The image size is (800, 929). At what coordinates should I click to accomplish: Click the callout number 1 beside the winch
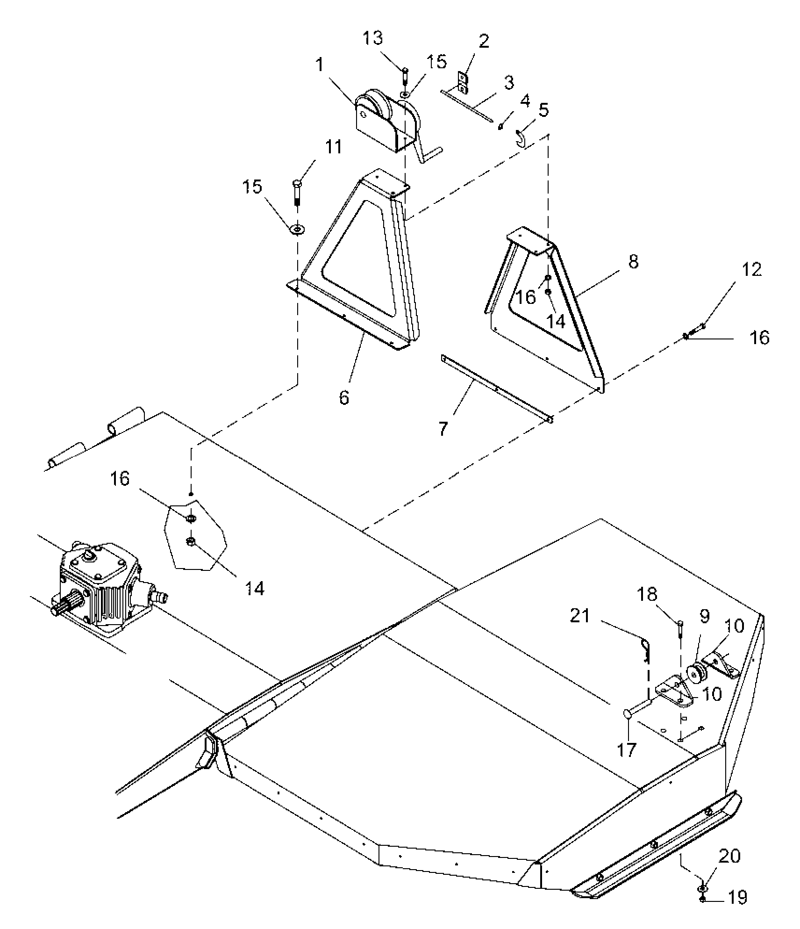[x=320, y=65]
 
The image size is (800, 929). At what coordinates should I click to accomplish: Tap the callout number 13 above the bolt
[x=373, y=38]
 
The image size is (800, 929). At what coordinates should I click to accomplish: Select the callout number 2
[x=484, y=41]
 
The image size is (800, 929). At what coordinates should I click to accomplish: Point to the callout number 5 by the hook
[x=543, y=110]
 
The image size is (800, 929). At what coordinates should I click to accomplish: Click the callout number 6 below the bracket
[x=344, y=397]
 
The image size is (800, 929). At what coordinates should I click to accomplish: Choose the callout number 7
[x=443, y=428]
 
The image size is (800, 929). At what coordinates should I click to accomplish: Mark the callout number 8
[x=633, y=261]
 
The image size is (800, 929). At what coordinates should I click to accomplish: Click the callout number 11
[x=334, y=147]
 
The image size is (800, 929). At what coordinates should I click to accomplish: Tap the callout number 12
[x=752, y=269]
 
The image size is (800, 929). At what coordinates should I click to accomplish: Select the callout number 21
[x=580, y=616]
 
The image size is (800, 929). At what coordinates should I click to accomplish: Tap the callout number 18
[x=647, y=594]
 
